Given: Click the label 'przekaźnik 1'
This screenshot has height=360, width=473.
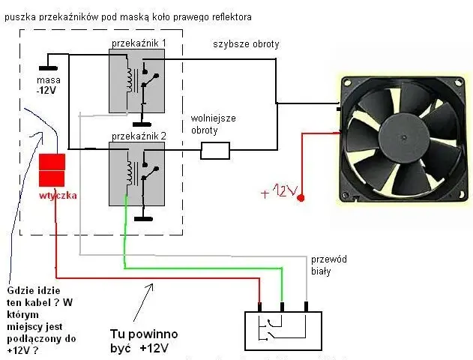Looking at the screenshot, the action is (139, 43).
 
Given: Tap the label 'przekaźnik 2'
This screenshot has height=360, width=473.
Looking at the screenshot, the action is (139, 136).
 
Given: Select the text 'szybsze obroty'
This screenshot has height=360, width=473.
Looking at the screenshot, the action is (246, 44).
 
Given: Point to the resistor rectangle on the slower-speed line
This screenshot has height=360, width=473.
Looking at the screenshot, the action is (215, 151).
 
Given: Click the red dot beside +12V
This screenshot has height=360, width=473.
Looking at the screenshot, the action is (301, 198).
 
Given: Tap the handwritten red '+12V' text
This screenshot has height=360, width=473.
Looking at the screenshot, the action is (279, 191).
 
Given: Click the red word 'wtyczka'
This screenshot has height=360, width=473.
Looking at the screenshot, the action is (58, 196).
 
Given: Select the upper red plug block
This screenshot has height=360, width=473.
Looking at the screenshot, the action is (52, 162).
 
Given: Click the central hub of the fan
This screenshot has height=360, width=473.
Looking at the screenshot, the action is (403, 138).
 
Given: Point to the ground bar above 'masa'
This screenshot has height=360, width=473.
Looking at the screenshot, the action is (48, 68).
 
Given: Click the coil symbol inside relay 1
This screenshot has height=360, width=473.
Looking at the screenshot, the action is (129, 79).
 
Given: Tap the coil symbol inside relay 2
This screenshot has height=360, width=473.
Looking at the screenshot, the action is (129, 173).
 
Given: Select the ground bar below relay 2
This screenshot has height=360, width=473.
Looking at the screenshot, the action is (143, 219).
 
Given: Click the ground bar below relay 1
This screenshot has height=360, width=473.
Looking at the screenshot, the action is (142, 124).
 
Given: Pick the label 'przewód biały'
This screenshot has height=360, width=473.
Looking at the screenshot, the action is (329, 265).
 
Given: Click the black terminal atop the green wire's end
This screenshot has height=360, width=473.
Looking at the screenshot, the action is (283, 307).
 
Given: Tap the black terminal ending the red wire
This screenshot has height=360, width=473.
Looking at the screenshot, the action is (259, 307).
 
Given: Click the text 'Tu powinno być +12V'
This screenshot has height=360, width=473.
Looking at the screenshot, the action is (144, 341).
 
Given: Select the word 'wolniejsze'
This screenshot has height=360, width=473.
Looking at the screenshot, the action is (214, 118).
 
